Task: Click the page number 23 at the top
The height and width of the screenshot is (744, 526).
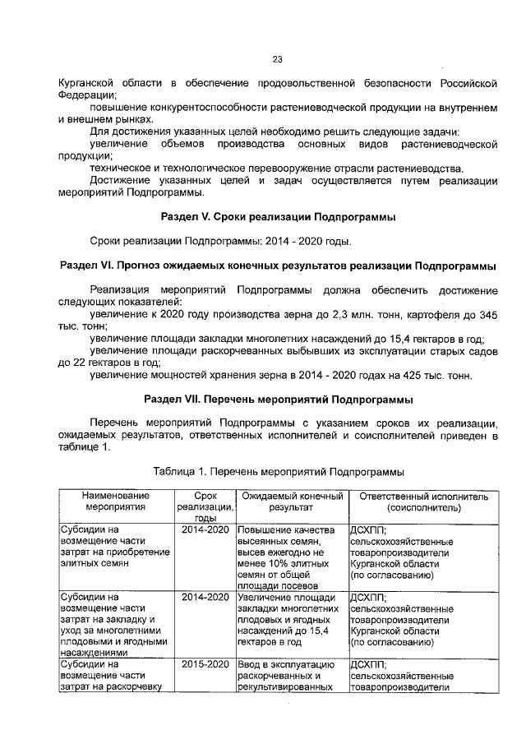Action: tap(278, 58)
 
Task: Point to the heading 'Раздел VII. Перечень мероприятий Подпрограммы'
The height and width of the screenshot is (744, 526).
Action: tap(278, 400)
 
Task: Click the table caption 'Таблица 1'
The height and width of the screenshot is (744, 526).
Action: tap(278, 472)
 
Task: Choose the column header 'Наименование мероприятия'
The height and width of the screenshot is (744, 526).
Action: tap(114, 502)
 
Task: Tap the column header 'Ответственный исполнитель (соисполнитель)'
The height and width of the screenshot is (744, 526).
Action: tap(423, 502)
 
